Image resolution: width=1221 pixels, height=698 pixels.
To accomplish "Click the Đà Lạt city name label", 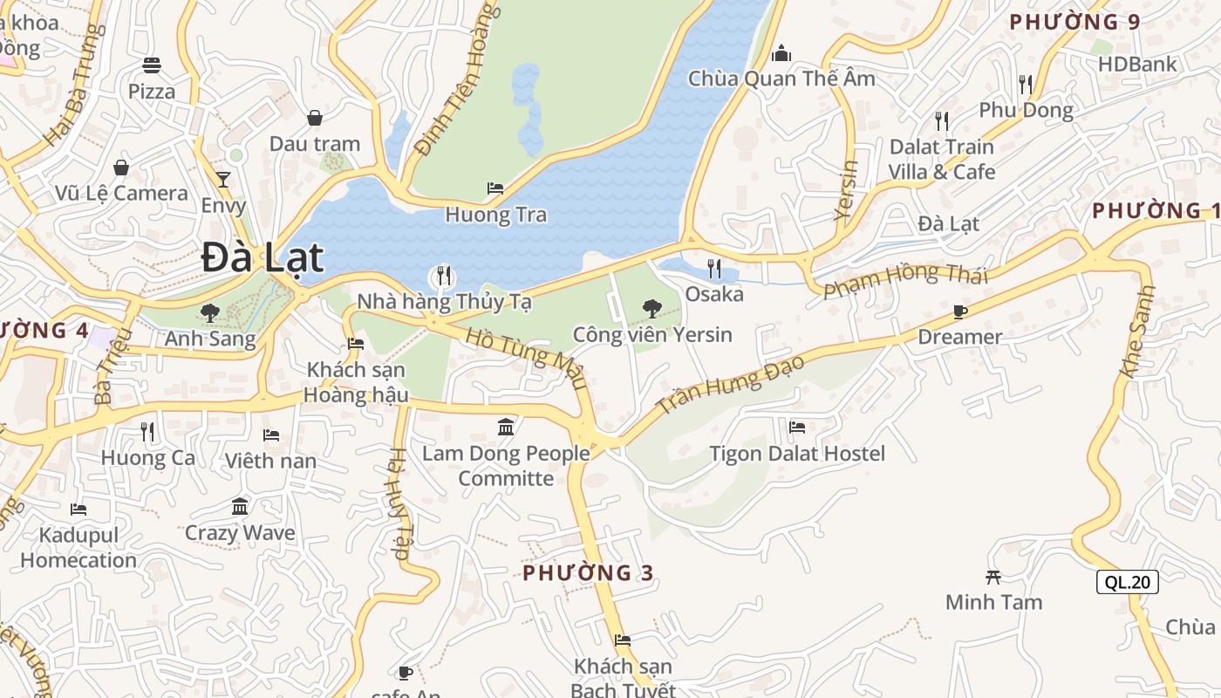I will point(262,258).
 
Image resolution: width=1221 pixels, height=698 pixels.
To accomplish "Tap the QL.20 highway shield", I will point(1128,582).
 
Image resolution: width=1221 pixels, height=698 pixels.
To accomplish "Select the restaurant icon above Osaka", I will point(714,268).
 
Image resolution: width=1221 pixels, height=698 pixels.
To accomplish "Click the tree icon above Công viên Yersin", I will point(651,308).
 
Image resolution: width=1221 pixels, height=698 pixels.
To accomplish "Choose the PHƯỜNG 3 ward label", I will point(588,572).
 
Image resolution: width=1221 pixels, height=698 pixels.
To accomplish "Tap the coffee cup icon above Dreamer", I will point(960,311).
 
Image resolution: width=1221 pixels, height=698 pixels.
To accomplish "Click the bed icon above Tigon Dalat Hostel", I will point(797,428).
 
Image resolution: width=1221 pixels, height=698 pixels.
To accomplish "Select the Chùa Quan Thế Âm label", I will point(781,79).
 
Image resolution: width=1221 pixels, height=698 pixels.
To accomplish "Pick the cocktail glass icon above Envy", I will point(223,180).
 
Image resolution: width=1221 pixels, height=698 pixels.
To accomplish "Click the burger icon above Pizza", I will point(152,65).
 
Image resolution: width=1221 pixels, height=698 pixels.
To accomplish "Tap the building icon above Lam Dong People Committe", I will point(506,427).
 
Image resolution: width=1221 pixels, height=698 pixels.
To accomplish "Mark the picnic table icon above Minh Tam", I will point(992,576).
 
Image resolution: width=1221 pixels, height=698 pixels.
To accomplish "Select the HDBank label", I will point(1137,64).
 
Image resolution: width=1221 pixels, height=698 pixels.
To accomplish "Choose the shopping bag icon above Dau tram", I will point(315,118).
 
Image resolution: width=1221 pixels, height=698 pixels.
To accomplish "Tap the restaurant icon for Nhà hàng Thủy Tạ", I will point(444,277).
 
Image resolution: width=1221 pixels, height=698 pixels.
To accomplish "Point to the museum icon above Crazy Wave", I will point(240,506).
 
